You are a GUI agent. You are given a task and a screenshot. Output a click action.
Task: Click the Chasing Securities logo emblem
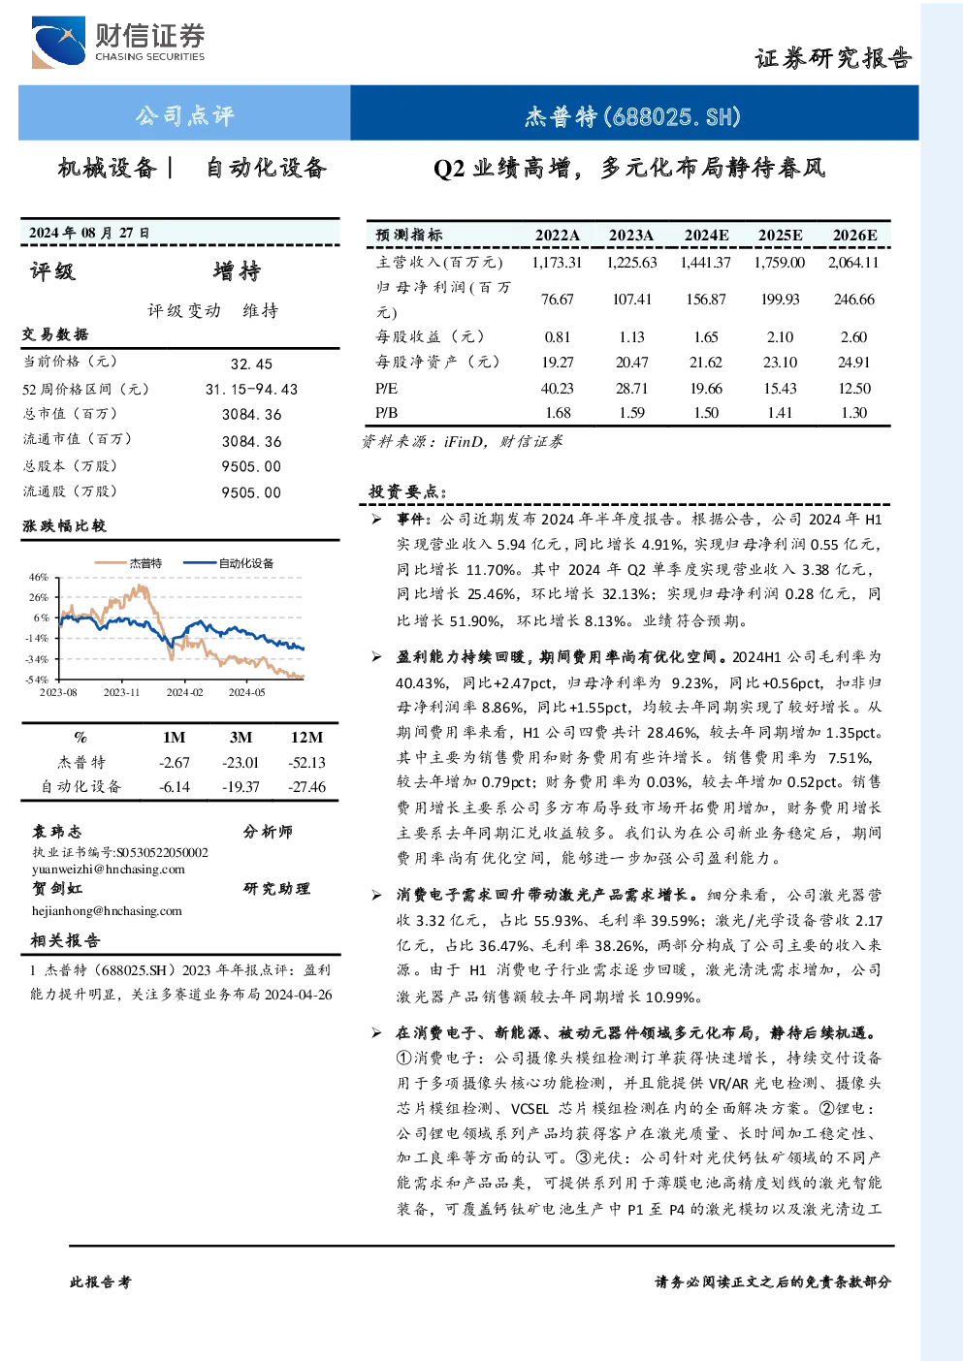pos(59,42)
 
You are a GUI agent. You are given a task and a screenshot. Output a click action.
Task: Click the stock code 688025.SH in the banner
pos(676,116)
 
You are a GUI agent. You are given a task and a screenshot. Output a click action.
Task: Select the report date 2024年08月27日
pos(89,232)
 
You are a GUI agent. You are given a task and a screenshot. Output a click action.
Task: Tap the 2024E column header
pos(706,236)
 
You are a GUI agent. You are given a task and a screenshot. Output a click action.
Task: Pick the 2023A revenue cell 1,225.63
pos(631,263)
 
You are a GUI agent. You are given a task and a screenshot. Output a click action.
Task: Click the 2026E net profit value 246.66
pos(854,299)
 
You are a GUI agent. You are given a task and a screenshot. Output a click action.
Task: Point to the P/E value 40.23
pos(558,388)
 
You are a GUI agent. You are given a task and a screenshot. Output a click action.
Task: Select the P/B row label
pos(386,413)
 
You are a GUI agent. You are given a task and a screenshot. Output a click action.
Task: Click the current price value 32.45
pos(251,364)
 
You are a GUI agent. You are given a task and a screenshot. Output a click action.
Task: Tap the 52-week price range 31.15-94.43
pos(252,389)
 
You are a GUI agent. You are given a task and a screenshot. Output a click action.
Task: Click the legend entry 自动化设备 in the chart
pos(246,563)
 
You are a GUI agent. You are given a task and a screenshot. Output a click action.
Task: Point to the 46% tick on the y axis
pos(38,577)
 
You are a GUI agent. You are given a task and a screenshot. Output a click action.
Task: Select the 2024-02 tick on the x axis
pos(185,692)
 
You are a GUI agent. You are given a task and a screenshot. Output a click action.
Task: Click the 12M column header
pos(307,737)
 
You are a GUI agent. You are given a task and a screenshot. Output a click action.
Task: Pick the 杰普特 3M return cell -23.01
pos(241,762)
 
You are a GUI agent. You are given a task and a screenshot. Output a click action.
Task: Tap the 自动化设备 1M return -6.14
pos(174,787)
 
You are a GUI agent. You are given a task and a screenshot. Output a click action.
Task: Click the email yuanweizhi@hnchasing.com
pos(109,869)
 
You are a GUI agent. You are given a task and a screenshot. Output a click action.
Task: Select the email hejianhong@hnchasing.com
pos(107,910)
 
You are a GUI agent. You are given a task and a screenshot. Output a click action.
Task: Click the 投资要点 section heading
pos(408,491)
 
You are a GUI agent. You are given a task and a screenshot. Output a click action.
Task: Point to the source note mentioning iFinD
pos(463,441)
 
